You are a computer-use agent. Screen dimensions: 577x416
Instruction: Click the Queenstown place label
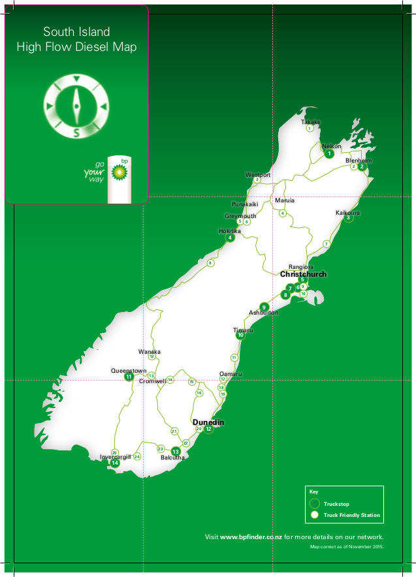click(129, 370)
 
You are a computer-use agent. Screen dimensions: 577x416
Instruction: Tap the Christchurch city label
click(303, 274)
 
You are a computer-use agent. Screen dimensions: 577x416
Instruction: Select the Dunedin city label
click(208, 422)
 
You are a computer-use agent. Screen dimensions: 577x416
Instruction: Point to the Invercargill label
click(116, 456)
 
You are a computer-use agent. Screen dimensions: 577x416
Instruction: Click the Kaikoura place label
click(348, 213)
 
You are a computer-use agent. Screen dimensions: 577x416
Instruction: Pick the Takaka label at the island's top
click(311, 122)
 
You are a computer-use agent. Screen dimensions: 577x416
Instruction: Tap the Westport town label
click(258, 175)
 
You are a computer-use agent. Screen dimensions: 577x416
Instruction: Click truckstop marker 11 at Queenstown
click(129, 377)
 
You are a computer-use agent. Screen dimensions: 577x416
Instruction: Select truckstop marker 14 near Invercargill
click(115, 463)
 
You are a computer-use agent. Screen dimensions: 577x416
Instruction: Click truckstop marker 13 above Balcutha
click(175, 451)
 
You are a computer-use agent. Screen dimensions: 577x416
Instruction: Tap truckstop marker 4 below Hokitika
click(230, 238)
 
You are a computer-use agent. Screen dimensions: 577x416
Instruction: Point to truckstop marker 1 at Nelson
click(329, 154)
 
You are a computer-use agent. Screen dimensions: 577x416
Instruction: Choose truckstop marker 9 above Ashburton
click(264, 307)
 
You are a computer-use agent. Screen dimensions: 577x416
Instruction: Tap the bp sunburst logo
click(119, 172)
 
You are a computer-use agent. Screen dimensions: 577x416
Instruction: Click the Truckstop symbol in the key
click(314, 504)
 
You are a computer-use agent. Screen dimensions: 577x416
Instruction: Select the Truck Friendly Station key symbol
click(314, 515)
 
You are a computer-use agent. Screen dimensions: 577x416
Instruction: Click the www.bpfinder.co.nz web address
click(250, 537)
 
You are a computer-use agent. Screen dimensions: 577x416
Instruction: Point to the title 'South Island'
click(76, 32)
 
